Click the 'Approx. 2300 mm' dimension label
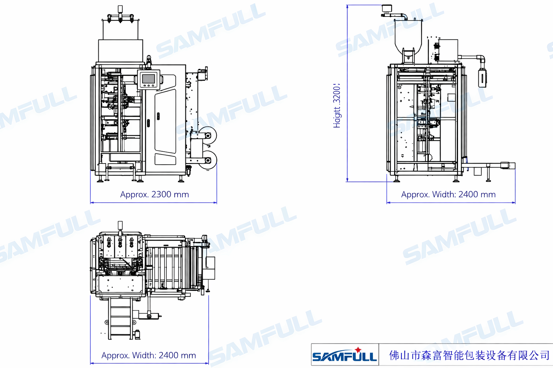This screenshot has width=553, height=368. pos(154,194)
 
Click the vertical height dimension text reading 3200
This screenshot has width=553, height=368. pos(337,106)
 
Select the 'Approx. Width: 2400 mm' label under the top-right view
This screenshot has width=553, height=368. pos(448,194)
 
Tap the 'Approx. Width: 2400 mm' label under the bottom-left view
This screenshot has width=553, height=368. pos(149,355)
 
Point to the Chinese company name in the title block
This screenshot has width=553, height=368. pos(469,355)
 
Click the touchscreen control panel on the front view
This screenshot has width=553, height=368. pos(148,79)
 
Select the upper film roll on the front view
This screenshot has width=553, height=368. pos(208,136)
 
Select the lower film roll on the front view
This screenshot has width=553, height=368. pos(208,160)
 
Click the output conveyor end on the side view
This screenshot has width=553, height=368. pos(508,166)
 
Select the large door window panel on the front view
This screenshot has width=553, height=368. pos(166,121)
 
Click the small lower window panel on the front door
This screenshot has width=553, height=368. pos(166,159)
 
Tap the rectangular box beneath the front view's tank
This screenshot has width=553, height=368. pos(121,51)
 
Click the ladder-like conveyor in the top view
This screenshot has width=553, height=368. pos(120,318)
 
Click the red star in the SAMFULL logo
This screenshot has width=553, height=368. pos(358,350)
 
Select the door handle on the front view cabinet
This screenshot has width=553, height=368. pos(158,116)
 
